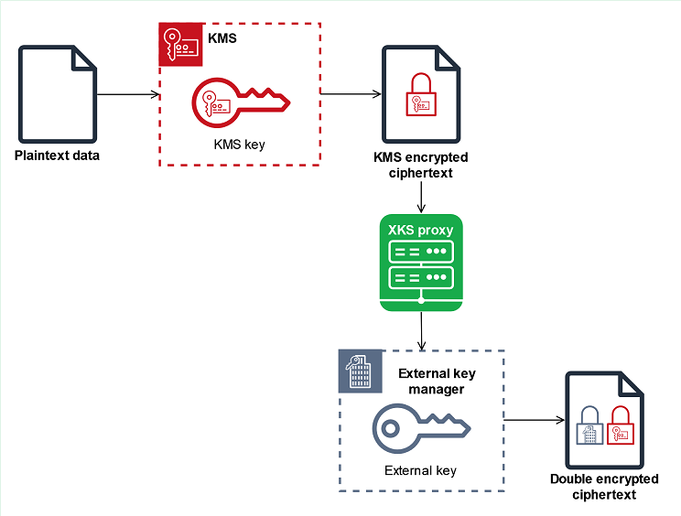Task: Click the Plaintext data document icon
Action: [x=58, y=94]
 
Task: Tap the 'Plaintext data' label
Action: [x=57, y=156]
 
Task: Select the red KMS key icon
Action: [x=241, y=101]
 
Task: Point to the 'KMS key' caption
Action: [x=239, y=145]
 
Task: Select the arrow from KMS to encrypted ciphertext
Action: [x=351, y=94]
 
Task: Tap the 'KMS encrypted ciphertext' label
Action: [x=420, y=165]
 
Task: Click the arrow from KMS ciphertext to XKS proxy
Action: [x=420, y=198]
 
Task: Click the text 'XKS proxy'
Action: [x=420, y=231]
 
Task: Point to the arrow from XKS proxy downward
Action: [x=420, y=328]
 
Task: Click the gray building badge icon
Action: [x=360, y=371]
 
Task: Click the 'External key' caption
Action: [x=421, y=471]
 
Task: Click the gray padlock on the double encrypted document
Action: [x=588, y=427]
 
